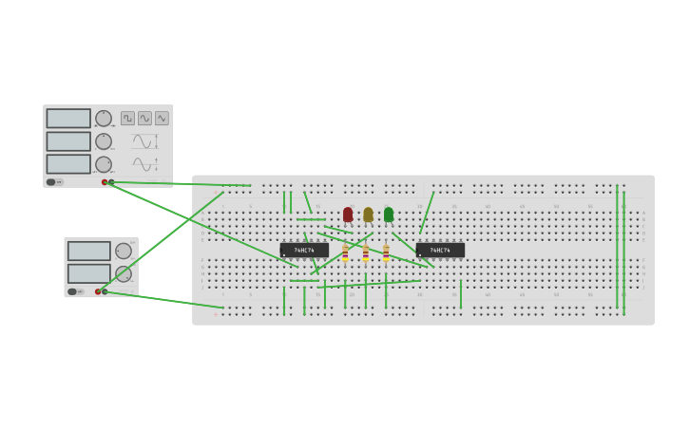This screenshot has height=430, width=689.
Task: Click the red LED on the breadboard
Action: pyautogui.click(x=348, y=215)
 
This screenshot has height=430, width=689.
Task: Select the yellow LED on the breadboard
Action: pyautogui.click(x=368, y=215)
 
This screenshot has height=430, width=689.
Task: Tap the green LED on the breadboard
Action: pyautogui.click(x=389, y=215)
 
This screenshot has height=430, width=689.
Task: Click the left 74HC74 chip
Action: pyautogui.click(x=304, y=251)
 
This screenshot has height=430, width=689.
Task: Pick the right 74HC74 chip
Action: pyautogui.click(x=440, y=251)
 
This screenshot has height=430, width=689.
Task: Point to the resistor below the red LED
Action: pyautogui.click(x=345, y=253)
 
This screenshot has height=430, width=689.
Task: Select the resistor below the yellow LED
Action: pyautogui.click(x=365, y=253)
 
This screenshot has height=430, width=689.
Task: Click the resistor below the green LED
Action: pyautogui.click(x=386, y=253)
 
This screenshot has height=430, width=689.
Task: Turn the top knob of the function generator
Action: pyautogui.click(x=104, y=119)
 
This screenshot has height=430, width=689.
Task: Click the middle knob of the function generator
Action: pyautogui.click(x=104, y=141)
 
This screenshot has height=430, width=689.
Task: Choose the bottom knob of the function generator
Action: pyautogui.click(x=104, y=164)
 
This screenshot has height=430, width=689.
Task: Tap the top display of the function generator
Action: pyautogui.click(x=68, y=119)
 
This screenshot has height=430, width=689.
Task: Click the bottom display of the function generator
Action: pyautogui.click(x=68, y=164)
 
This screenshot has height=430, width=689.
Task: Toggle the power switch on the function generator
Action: pyautogui.click(x=53, y=181)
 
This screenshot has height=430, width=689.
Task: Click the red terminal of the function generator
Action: pyautogui.click(x=105, y=182)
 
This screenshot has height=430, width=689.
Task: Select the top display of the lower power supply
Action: pyautogui.click(x=89, y=251)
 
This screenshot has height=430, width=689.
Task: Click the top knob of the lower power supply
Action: pyautogui.click(x=124, y=251)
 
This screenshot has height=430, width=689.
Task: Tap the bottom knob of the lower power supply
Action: pyautogui.click(x=124, y=273)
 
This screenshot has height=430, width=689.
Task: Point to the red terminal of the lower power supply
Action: pyautogui.click(x=98, y=291)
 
